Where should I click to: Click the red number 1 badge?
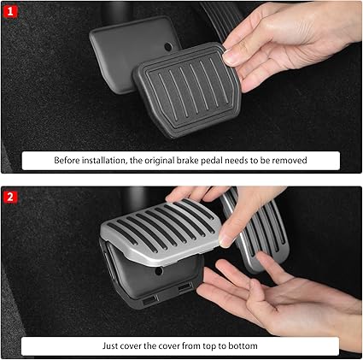click(10, 11)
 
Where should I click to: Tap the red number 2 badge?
click(10, 197)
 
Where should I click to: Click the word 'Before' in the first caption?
click(67, 161)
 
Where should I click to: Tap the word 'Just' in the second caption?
click(110, 346)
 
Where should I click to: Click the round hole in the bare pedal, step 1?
click(168, 46)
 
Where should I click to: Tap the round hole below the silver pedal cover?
click(159, 271)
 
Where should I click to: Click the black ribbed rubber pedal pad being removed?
click(188, 90)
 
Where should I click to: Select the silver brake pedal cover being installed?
click(161, 231)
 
